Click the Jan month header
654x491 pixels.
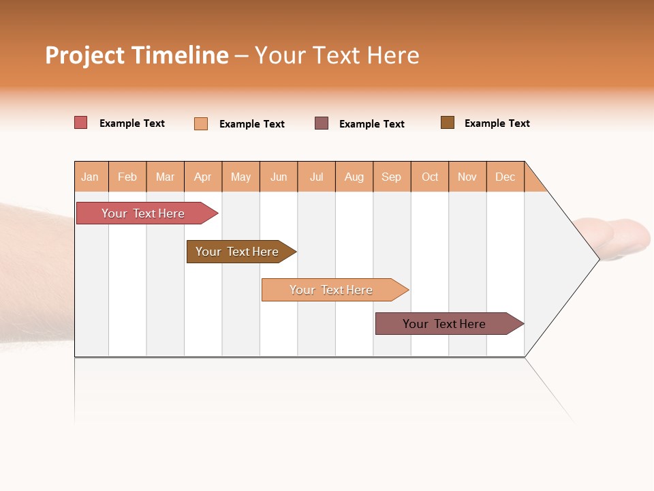click(91, 177)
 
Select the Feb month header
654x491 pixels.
click(127, 177)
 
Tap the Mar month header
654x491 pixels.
click(165, 177)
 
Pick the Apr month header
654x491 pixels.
click(203, 177)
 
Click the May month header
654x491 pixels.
click(240, 177)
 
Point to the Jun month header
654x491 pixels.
click(279, 177)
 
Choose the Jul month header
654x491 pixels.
click(317, 177)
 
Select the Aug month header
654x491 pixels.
click(354, 177)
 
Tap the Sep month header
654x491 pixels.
click(392, 177)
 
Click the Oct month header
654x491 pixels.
click(430, 177)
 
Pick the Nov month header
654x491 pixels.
click(467, 177)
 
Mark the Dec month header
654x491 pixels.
click(505, 177)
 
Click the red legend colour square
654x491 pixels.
click(81, 123)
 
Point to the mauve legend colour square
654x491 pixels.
click(322, 123)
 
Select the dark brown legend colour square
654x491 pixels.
click(448, 123)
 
